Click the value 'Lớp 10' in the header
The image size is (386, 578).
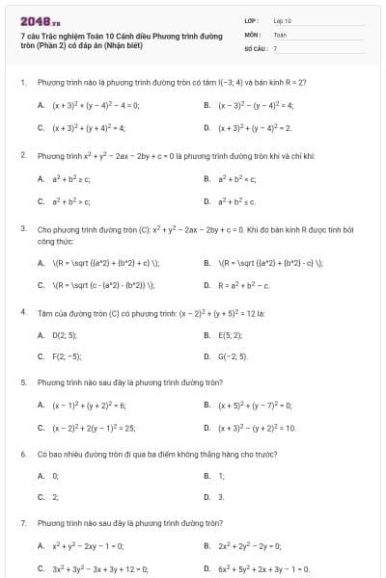283,19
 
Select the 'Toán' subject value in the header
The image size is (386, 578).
281,33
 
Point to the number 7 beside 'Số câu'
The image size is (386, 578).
275,47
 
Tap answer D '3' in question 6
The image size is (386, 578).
220,497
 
